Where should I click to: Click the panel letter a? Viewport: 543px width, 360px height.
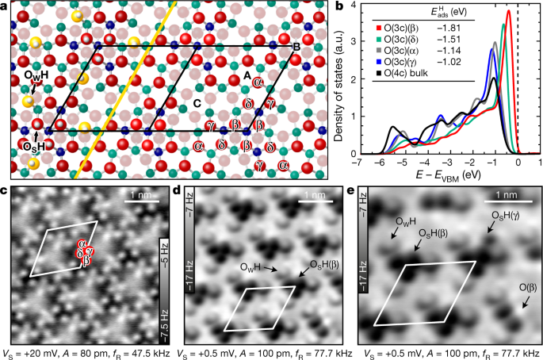click(6, 6)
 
